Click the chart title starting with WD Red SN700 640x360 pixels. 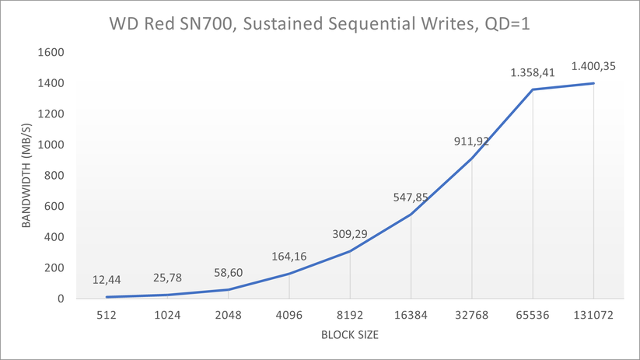pos(320,23)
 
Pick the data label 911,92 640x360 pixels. pos(471,142)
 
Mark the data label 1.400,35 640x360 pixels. pos(593,66)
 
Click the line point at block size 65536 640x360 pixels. pos(533,89)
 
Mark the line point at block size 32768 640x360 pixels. pos(472,158)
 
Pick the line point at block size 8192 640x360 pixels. pos(350,251)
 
